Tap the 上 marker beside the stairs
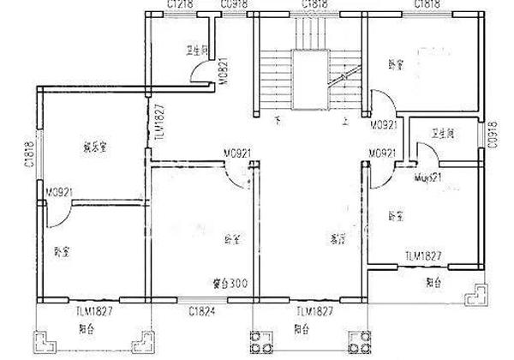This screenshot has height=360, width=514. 345,122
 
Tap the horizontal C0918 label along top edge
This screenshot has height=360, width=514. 234,5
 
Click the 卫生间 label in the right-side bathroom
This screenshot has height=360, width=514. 443,135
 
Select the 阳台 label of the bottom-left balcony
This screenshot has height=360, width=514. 84,328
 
